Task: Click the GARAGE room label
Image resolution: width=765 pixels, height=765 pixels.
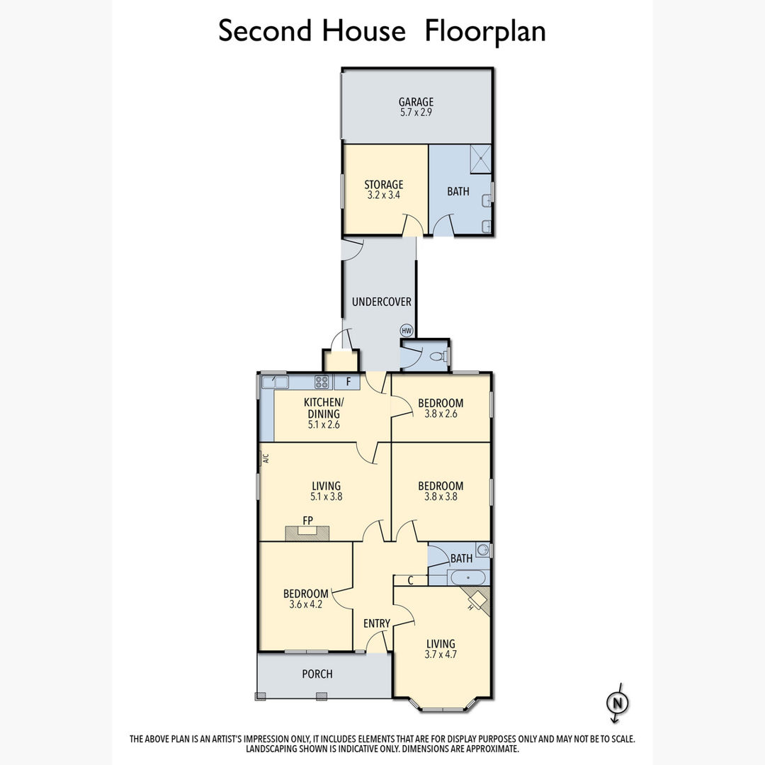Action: (416, 102)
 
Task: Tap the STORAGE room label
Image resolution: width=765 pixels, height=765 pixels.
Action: (384, 184)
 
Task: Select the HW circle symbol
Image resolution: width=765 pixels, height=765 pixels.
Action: (407, 330)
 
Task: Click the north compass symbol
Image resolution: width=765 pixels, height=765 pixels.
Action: (617, 703)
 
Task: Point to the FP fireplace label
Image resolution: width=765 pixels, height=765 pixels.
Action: (307, 521)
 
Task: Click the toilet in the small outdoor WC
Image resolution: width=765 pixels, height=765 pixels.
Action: (439, 356)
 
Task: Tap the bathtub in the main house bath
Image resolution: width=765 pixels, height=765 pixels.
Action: (468, 578)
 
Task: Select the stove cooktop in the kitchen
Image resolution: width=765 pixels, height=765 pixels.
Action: (322, 382)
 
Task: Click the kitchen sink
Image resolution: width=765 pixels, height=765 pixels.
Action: (275, 381)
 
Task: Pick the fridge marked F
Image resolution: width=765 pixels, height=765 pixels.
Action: (348, 382)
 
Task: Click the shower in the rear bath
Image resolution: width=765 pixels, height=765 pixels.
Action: (480, 159)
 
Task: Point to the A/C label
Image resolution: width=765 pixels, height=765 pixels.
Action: (266, 458)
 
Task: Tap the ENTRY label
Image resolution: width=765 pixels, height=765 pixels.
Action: (377, 623)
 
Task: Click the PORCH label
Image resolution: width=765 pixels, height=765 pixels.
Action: (317, 674)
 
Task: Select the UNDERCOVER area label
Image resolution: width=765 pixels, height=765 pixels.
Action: (382, 302)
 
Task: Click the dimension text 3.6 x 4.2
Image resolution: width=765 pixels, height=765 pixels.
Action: (306, 604)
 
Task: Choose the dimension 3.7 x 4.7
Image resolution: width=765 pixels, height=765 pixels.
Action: (441, 654)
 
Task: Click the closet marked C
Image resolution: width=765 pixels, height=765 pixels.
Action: (410, 581)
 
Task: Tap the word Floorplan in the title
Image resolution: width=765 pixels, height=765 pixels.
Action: (485, 31)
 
